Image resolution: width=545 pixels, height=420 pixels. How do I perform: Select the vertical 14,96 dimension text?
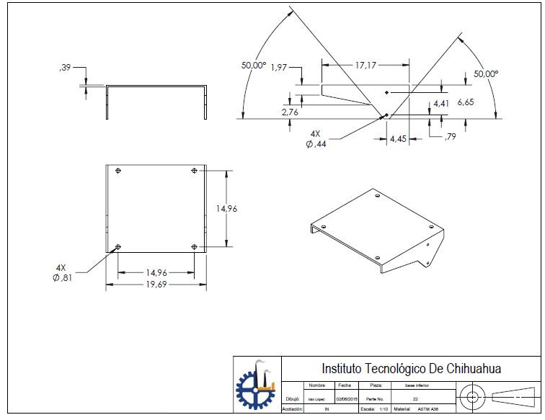point(228,208)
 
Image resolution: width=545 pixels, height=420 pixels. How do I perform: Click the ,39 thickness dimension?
point(64,68)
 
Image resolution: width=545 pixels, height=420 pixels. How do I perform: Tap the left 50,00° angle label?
point(254,65)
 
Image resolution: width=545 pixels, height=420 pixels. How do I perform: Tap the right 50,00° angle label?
point(485,73)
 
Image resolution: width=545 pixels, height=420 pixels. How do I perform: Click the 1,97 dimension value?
point(279,68)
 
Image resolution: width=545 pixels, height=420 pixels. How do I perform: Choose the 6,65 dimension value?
point(465,102)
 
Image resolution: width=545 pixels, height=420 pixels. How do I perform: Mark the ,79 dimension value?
point(450,136)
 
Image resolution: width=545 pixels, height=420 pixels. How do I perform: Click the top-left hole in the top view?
point(118,170)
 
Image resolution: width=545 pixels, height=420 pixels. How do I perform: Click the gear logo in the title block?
point(256,385)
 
